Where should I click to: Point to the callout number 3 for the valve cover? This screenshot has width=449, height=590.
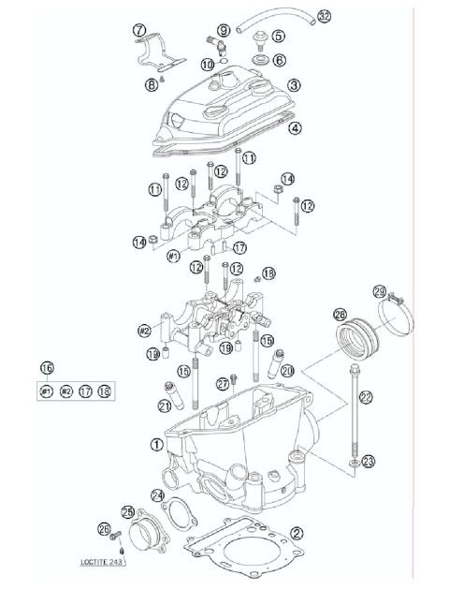click(295, 84)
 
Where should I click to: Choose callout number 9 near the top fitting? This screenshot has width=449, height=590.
click(224, 32)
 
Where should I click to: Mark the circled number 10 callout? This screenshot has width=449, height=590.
click(208, 64)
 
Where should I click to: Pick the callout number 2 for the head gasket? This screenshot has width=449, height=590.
click(297, 533)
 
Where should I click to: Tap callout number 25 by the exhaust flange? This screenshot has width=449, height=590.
click(128, 512)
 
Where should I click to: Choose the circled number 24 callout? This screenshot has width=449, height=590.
click(158, 494)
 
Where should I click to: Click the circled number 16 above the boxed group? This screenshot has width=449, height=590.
click(47, 368)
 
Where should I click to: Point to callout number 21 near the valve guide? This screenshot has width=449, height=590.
click(165, 406)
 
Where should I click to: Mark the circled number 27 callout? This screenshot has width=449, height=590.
click(223, 383)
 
